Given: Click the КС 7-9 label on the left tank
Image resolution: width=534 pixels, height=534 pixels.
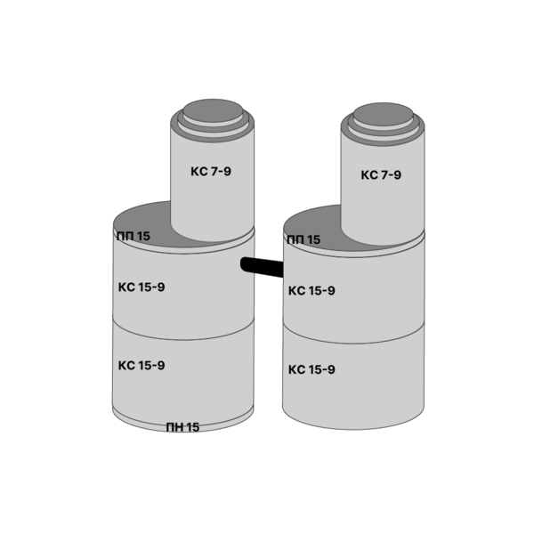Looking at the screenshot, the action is point(211,171).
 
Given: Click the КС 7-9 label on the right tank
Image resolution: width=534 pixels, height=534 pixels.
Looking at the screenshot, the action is point(381,175).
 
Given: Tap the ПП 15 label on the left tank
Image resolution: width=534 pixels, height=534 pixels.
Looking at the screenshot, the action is point(133,236).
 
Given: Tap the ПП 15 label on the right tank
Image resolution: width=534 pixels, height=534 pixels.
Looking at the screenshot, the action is point(303,239).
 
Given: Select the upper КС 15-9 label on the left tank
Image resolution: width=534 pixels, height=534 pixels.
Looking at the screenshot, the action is point(142,287).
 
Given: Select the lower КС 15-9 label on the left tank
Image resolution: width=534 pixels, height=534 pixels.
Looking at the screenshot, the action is point(142,366).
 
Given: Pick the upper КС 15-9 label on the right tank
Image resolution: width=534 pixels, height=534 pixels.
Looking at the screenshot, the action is point(311,291).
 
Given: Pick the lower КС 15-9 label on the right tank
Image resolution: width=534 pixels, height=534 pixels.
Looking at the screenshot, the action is point(311,369).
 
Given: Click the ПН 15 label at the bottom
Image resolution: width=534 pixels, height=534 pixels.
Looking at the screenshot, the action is point(182,427).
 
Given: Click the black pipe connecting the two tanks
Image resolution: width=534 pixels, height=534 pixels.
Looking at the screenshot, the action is point(262,266).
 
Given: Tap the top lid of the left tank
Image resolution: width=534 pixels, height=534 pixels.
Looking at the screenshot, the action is point(213,111).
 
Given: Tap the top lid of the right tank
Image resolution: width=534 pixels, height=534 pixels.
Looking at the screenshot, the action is point(383,115).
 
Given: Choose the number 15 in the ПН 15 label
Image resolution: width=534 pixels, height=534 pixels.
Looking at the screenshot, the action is point(192,427).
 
